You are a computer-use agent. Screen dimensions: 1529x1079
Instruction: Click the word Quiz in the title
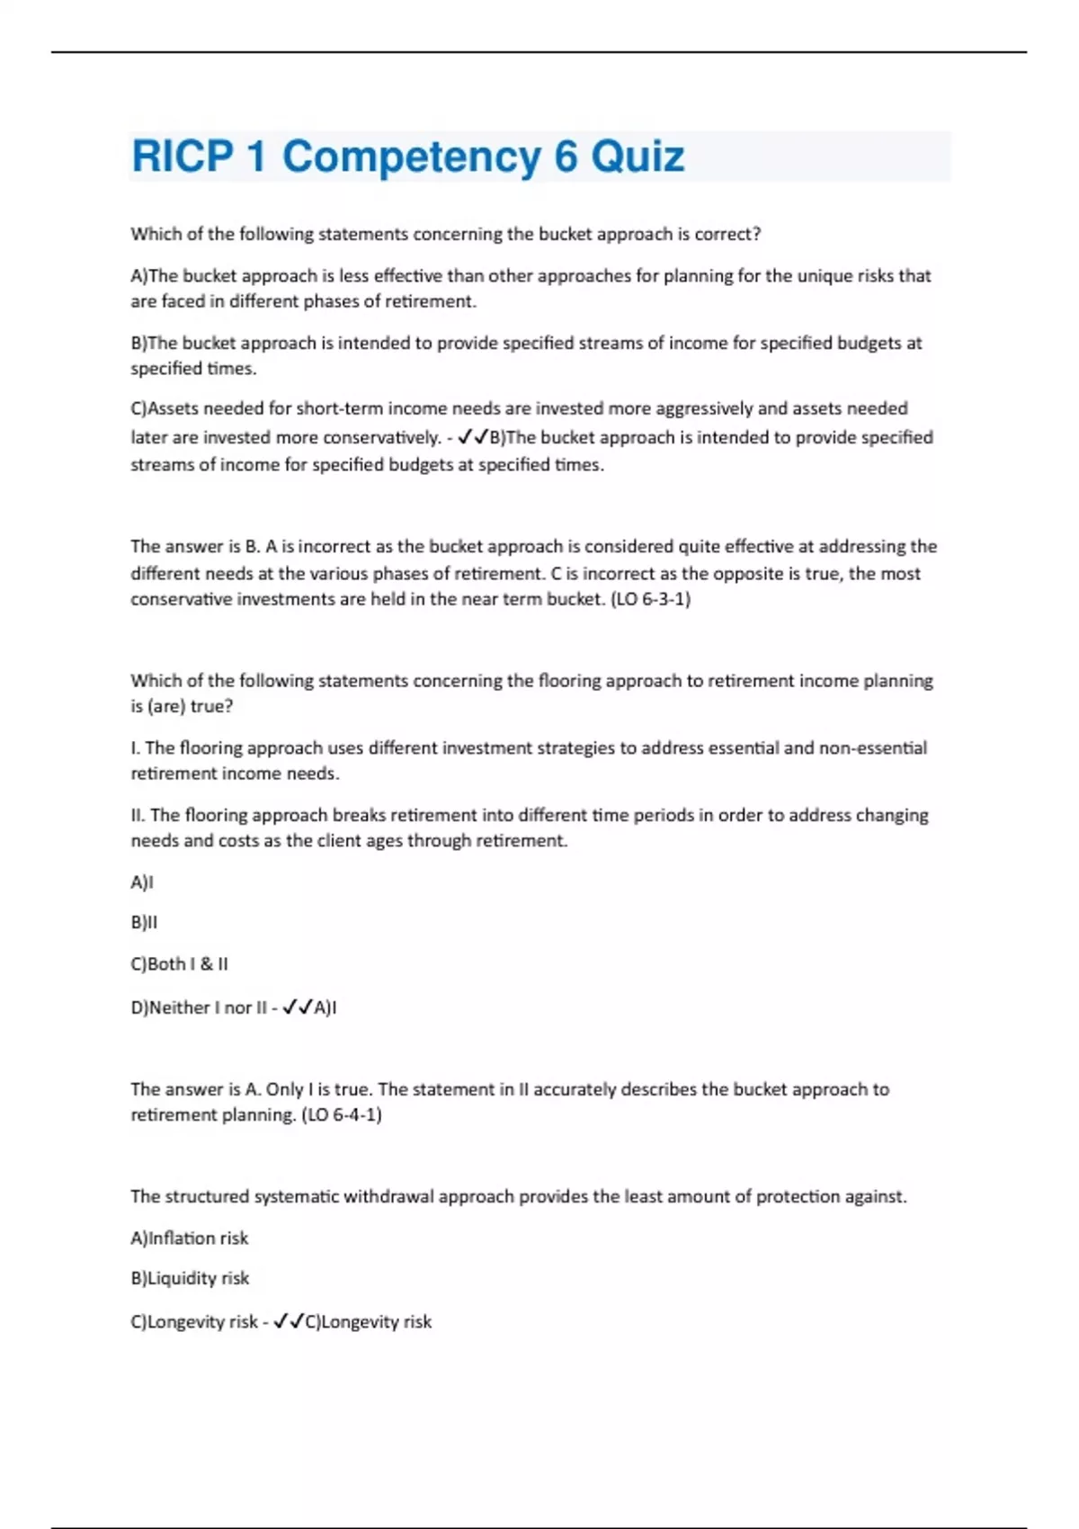click(x=638, y=156)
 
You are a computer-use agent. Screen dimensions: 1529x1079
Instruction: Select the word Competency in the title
click(x=411, y=156)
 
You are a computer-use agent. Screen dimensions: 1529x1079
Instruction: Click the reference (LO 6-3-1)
click(x=650, y=599)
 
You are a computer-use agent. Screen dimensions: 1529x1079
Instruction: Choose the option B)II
click(x=144, y=922)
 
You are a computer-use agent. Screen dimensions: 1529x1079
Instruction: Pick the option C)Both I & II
click(x=179, y=963)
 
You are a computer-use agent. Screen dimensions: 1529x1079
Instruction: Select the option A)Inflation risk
click(x=189, y=1238)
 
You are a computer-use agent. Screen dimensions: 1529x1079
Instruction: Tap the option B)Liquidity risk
click(x=190, y=1278)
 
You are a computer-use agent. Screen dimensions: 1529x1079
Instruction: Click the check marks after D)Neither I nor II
click(x=297, y=1008)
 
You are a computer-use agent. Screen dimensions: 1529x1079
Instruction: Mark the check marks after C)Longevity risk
click(x=288, y=1321)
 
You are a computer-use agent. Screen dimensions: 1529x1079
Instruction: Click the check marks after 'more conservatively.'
click(x=472, y=438)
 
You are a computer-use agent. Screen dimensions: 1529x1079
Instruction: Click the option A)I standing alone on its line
click(x=142, y=882)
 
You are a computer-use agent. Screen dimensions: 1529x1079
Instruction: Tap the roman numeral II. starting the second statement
click(x=138, y=815)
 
